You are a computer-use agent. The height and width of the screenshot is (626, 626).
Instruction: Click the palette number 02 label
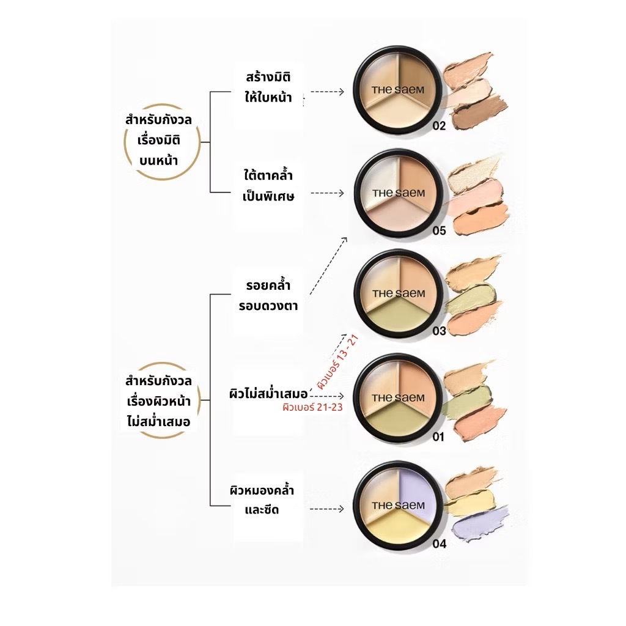(439, 126)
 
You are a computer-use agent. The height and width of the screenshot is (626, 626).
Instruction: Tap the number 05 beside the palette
(439, 230)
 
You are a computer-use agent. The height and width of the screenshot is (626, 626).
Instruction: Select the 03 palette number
(439, 331)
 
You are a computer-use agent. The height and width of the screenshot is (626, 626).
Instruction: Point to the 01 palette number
(438, 436)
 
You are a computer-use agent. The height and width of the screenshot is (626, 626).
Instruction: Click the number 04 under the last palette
(439, 543)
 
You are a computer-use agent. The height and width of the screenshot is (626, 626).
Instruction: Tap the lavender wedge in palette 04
(417, 493)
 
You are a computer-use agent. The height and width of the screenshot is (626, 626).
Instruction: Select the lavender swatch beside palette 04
(479, 523)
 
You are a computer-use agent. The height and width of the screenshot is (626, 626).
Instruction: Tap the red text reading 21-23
(329, 407)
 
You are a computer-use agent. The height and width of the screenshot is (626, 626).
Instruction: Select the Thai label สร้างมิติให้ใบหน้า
(268, 87)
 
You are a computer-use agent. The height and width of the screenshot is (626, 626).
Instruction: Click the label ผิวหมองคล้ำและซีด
(262, 499)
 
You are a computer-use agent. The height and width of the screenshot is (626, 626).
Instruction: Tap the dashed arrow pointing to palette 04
(326, 509)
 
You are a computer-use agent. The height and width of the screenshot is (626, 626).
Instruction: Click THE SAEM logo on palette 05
(399, 193)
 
